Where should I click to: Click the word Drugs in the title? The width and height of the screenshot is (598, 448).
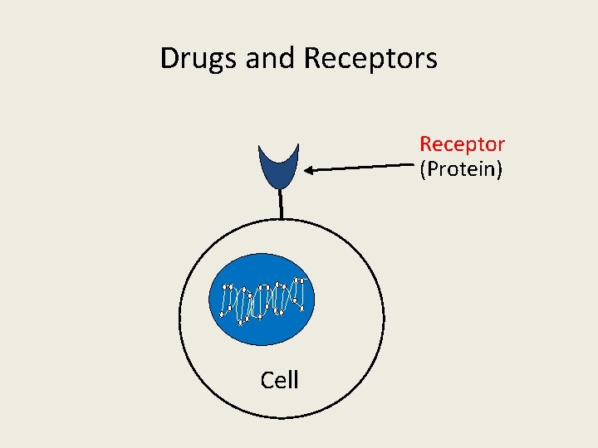(x=197, y=59)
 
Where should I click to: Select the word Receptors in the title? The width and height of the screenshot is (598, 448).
(x=370, y=59)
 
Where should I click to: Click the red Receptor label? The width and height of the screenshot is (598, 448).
(x=462, y=144)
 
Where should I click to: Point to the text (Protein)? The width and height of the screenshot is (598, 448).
(x=462, y=169)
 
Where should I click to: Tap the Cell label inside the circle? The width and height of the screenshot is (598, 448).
(x=279, y=380)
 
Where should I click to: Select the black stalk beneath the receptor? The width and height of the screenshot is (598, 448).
(x=282, y=202)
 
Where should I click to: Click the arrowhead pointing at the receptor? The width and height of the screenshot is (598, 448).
(x=307, y=171)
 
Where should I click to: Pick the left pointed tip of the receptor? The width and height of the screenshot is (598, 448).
(x=260, y=147)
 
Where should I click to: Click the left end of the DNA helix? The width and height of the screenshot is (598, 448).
(x=224, y=300)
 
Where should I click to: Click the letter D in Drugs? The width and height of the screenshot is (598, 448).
(x=169, y=59)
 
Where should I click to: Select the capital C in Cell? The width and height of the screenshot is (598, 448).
(x=267, y=380)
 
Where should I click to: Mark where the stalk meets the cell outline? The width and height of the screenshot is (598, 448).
(x=282, y=219)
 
